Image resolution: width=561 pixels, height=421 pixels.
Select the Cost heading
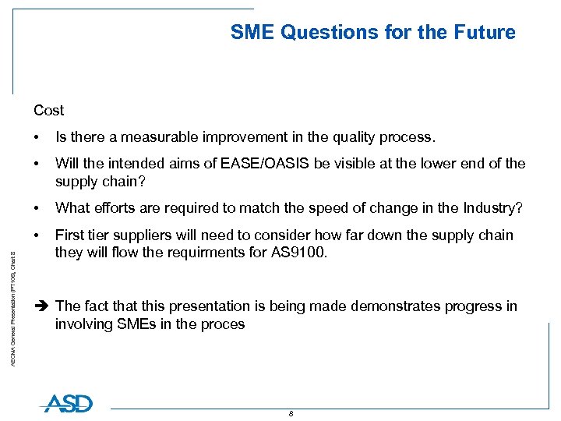49,111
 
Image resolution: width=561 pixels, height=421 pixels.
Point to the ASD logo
67,403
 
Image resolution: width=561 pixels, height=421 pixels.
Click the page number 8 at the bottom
291,414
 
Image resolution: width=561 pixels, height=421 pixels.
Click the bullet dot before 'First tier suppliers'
37,235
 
